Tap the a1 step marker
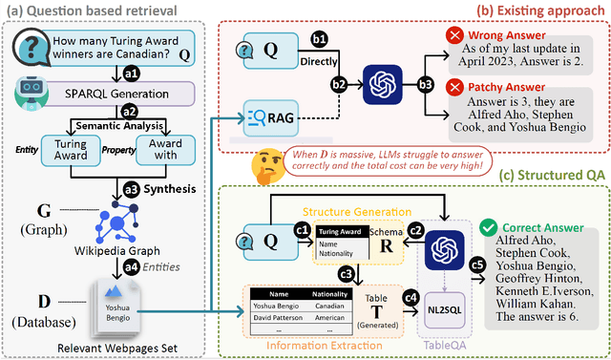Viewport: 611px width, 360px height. (x=130, y=71)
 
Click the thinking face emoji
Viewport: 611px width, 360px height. (x=265, y=163)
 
